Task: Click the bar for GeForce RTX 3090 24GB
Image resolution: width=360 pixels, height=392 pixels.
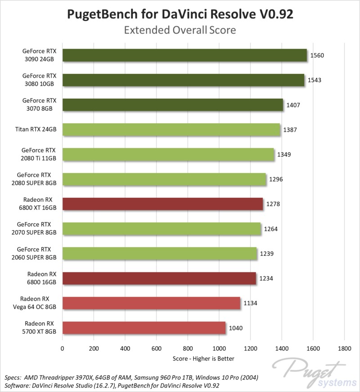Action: (184, 55)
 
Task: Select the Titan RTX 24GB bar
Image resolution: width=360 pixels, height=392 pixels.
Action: (171, 130)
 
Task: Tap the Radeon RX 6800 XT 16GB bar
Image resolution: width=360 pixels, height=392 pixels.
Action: (162, 204)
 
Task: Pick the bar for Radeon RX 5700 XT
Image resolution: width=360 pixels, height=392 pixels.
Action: (144, 328)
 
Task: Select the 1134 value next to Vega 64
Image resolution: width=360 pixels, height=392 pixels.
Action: (250, 303)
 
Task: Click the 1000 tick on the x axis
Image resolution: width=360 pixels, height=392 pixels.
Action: (219, 348)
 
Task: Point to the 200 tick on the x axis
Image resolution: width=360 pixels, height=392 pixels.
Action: (94, 348)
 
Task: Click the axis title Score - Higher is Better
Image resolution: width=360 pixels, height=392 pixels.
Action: (203, 358)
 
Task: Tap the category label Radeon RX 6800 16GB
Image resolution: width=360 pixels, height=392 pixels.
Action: (40, 278)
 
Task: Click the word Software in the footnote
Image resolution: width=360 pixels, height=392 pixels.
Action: (16, 386)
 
